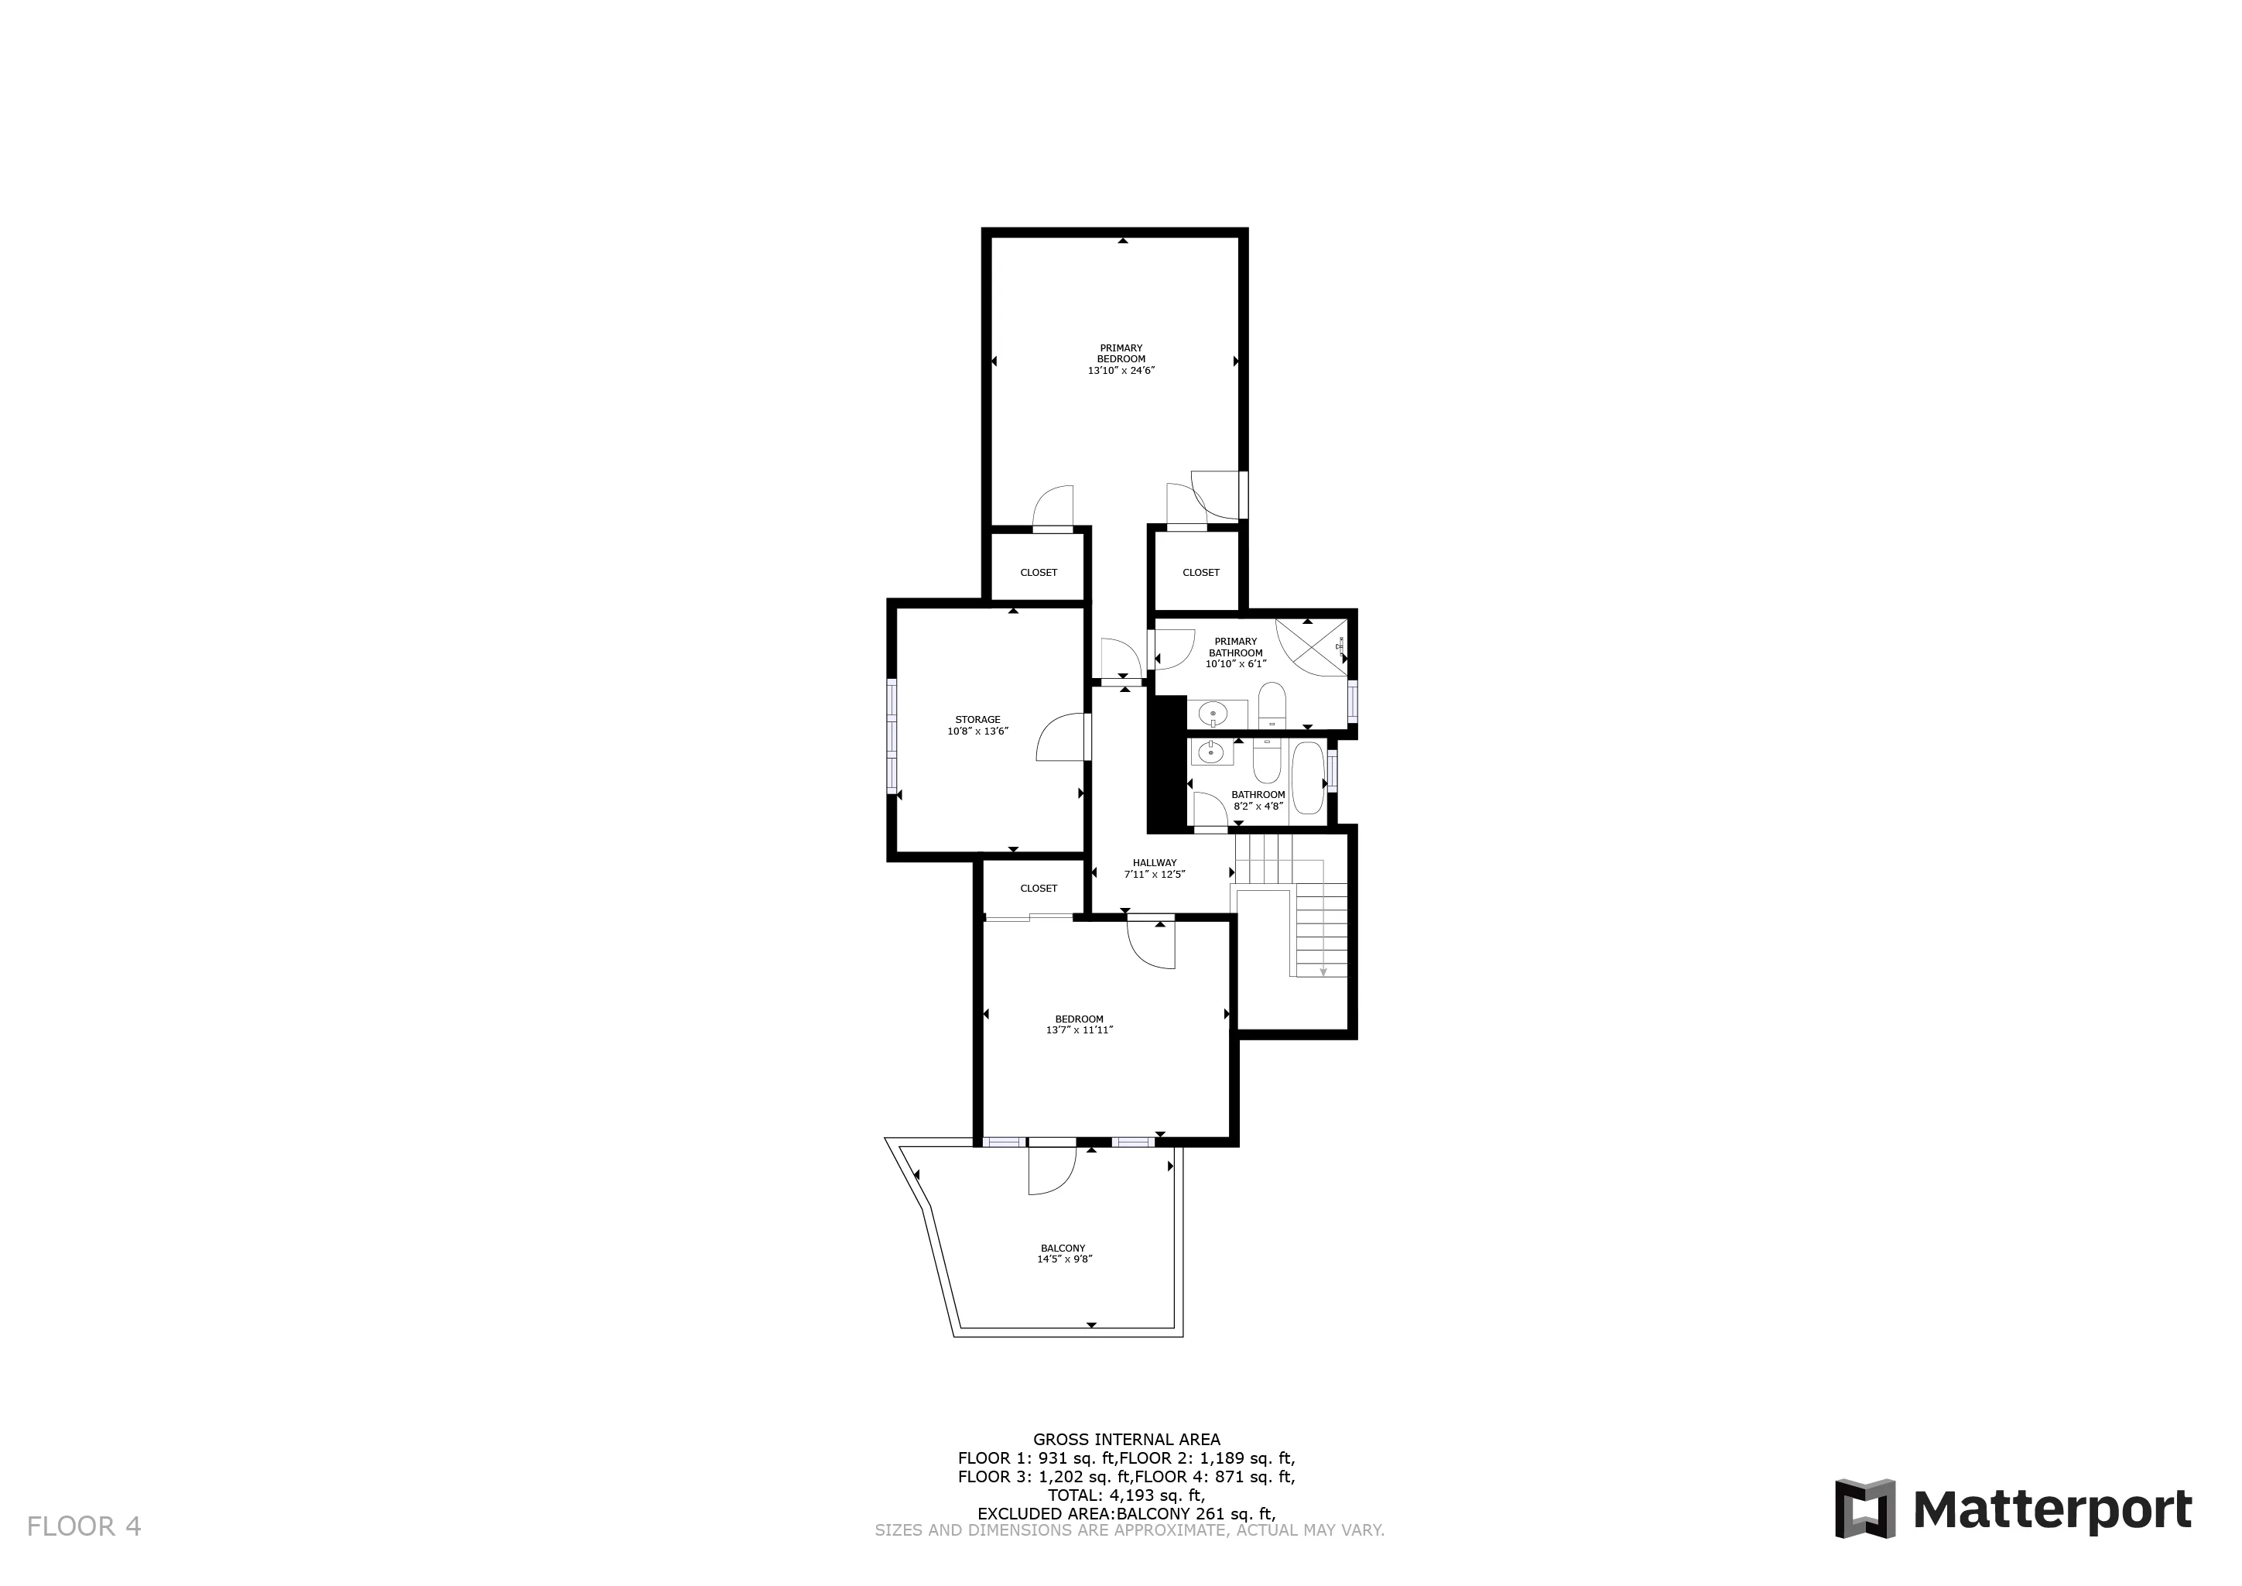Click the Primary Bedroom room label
1120,354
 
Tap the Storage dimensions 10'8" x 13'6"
977,731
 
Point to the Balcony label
1063,1248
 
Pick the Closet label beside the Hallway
1038,889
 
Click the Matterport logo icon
1864,1509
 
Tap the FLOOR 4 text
84,1526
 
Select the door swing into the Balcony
1051,1171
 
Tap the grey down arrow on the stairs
1323,971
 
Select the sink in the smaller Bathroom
1211,752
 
